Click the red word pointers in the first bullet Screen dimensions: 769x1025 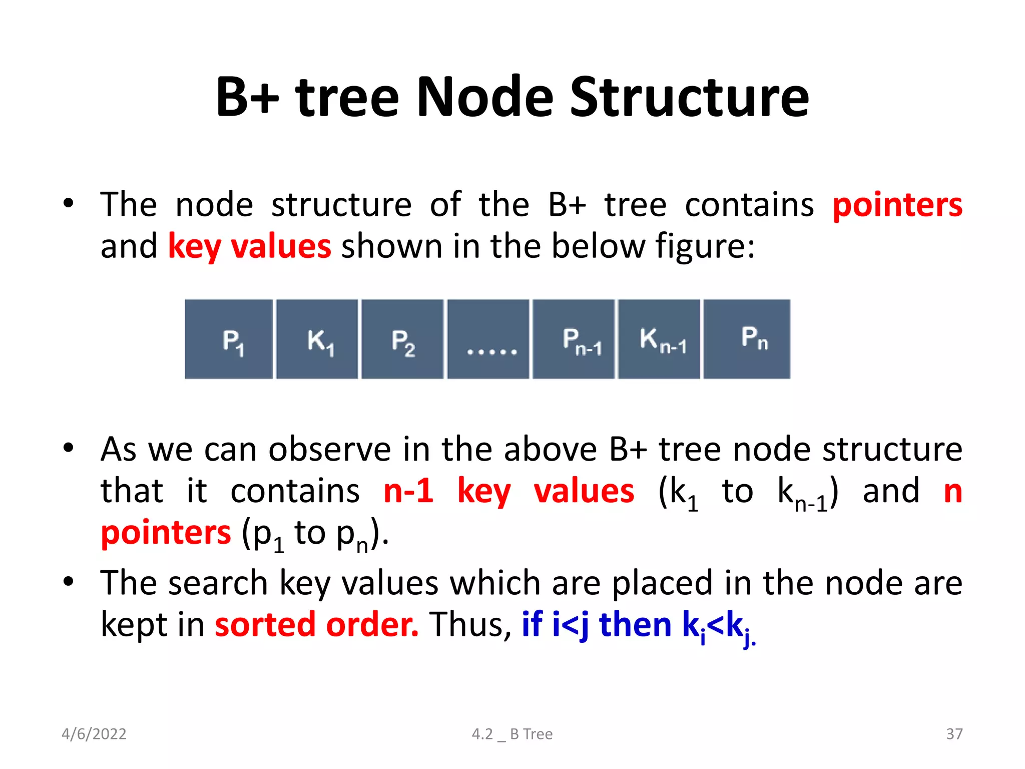897,205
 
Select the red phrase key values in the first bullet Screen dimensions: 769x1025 249,247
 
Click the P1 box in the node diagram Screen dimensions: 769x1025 229,339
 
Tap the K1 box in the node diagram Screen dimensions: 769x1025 317,339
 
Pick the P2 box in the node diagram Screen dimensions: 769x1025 402,339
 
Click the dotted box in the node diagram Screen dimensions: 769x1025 488,339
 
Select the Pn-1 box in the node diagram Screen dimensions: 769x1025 574,339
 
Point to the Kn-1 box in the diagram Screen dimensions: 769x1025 659,339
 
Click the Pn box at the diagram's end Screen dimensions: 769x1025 747,339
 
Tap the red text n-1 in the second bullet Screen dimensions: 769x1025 408,491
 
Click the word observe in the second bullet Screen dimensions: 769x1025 330,449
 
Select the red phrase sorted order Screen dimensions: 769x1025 316,625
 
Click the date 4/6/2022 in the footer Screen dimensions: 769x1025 94,734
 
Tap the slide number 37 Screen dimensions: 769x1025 954,734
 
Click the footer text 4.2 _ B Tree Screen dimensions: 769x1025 512,734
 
